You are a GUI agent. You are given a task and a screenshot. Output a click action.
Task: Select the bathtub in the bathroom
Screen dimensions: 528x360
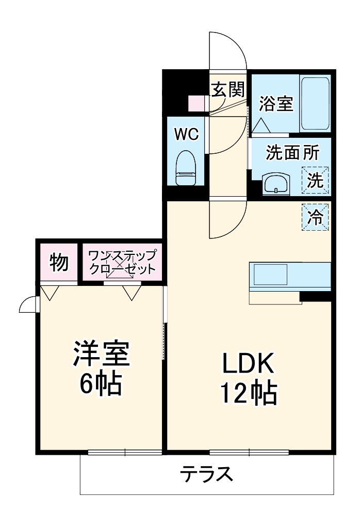315,103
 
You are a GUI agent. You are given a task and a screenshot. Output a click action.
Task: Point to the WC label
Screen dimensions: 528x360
186,134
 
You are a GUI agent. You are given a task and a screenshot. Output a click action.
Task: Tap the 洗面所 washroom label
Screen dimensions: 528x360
292,152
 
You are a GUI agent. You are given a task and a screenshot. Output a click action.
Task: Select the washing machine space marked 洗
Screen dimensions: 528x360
316,180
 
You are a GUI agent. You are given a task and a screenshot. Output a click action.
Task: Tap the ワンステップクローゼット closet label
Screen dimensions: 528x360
122,262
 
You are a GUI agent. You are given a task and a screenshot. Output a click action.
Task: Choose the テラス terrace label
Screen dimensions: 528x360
205,473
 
